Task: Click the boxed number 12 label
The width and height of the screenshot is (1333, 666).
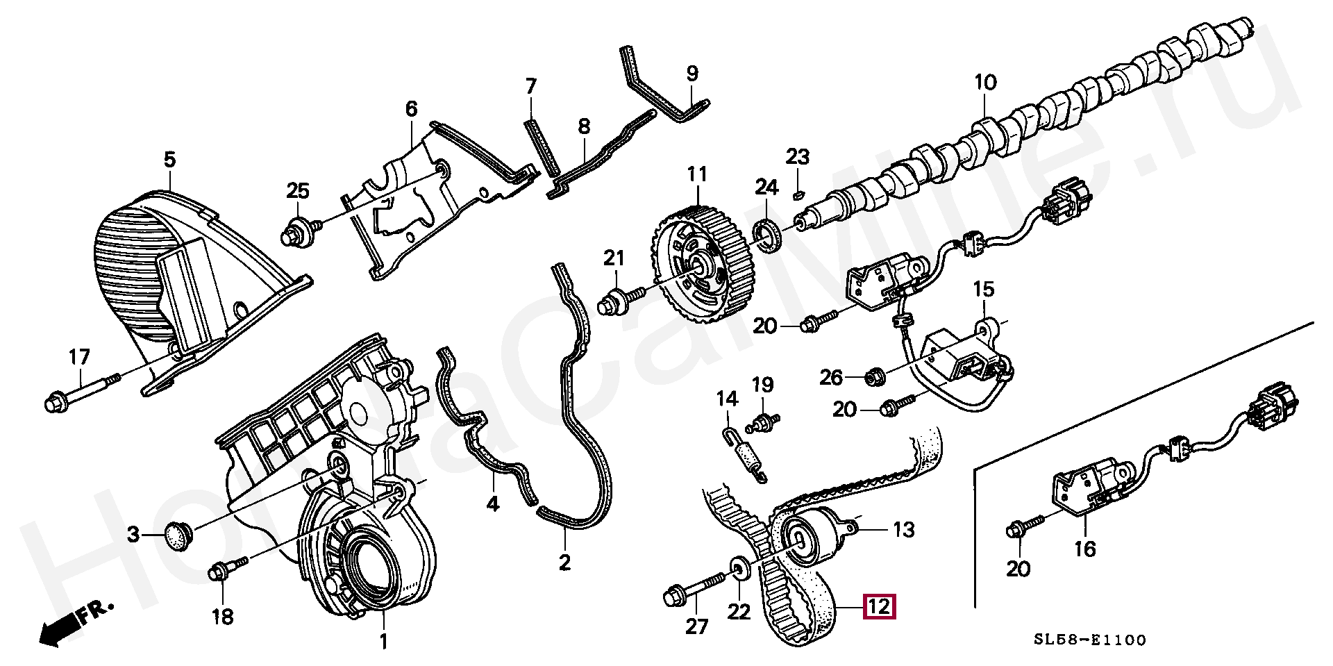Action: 879,607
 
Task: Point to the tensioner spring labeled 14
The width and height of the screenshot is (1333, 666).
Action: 744,454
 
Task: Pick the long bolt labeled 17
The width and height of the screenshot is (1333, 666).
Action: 81,392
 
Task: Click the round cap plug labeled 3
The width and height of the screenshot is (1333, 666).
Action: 179,535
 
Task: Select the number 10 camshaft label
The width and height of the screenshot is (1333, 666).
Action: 985,83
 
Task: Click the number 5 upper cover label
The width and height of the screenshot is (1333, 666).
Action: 170,160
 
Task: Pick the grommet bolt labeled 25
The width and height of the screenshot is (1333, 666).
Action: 301,231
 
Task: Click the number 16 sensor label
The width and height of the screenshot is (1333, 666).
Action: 1084,549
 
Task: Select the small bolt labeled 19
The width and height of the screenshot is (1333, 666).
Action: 764,422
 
